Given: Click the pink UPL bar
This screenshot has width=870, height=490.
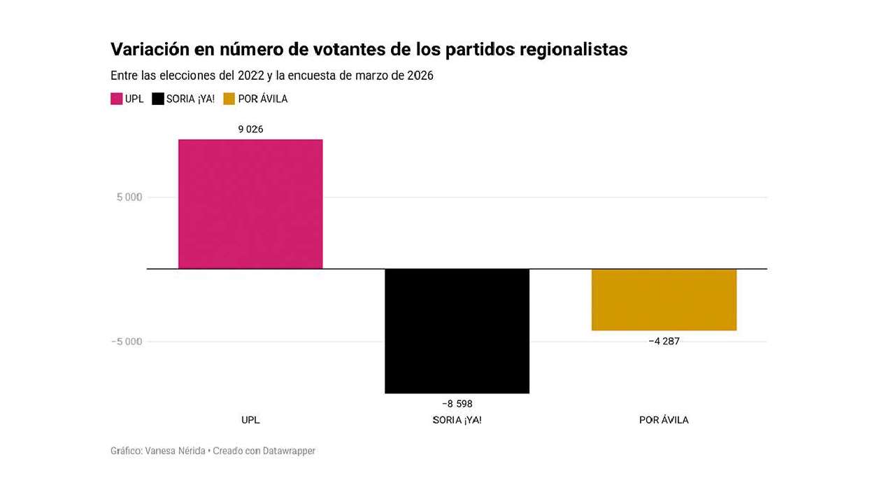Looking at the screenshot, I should click(250, 204).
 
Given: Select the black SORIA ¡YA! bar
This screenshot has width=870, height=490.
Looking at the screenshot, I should click(457, 330).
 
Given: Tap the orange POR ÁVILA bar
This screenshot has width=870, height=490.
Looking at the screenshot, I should click(664, 300).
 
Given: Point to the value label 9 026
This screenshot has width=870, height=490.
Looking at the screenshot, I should click(250, 129).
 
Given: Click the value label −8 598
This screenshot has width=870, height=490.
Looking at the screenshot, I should click(457, 404).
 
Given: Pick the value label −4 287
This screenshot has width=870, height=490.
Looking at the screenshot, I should click(664, 342).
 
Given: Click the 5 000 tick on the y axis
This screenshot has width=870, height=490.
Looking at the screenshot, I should click(129, 197).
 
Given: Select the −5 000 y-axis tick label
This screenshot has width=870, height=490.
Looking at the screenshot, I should click(126, 342).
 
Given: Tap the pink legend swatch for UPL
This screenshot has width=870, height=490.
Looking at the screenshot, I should click(117, 99).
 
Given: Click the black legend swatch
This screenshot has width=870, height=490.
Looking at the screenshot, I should click(158, 99).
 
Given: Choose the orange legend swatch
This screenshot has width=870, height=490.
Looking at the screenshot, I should click(229, 99).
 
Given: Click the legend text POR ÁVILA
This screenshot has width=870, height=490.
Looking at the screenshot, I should click(263, 99).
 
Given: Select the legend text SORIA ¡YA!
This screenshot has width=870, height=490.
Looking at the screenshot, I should click(190, 99).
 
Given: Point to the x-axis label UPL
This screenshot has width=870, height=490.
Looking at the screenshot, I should click(250, 420).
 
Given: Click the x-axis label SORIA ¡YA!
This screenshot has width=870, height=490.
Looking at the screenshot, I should click(457, 420).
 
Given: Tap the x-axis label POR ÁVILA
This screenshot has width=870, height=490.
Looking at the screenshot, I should click(664, 420).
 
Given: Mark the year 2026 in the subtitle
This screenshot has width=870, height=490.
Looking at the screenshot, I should click(418, 76).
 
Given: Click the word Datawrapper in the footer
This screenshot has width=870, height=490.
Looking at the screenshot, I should click(289, 451).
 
